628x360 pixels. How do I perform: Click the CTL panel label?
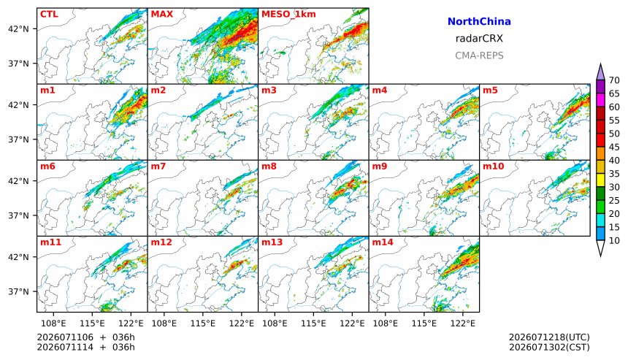(x=49, y=14)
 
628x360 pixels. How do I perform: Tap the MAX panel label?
(x=162, y=14)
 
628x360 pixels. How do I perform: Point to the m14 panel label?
(x=383, y=242)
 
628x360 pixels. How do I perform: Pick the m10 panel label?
(x=493, y=166)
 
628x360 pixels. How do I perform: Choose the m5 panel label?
(x=490, y=90)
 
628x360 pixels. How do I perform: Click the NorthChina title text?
(x=479, y=22)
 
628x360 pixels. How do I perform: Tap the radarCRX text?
(x=479, y=39)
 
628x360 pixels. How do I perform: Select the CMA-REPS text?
(x=479, y=55)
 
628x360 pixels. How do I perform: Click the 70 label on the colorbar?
(x=614, y=80)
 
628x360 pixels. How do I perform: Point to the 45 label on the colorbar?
(x=614, y=147)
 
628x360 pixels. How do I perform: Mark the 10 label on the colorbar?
(x=614, y=241)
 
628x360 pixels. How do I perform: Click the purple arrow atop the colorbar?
(x=600, y=73)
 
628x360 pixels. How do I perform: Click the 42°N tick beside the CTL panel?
(x=18, y=28)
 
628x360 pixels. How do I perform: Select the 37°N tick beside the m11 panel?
(x=18, y=291)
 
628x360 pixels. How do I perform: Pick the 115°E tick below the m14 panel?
(x=424, y=323)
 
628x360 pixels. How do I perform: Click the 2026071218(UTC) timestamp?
(x=549, y=337)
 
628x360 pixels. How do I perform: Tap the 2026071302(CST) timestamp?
(x=549, y=347)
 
